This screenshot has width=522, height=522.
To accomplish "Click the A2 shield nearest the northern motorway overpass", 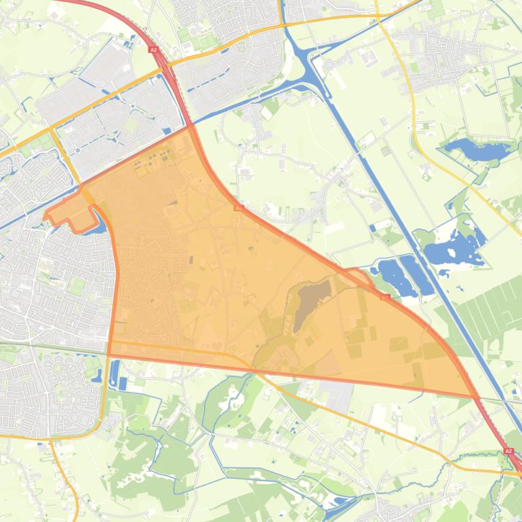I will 153,49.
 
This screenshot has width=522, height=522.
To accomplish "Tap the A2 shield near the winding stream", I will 508,451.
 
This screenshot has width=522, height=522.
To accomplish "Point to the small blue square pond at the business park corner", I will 167,131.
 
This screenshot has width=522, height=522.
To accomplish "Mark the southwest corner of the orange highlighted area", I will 109,353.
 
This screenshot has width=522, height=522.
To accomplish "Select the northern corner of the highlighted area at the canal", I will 190,127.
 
